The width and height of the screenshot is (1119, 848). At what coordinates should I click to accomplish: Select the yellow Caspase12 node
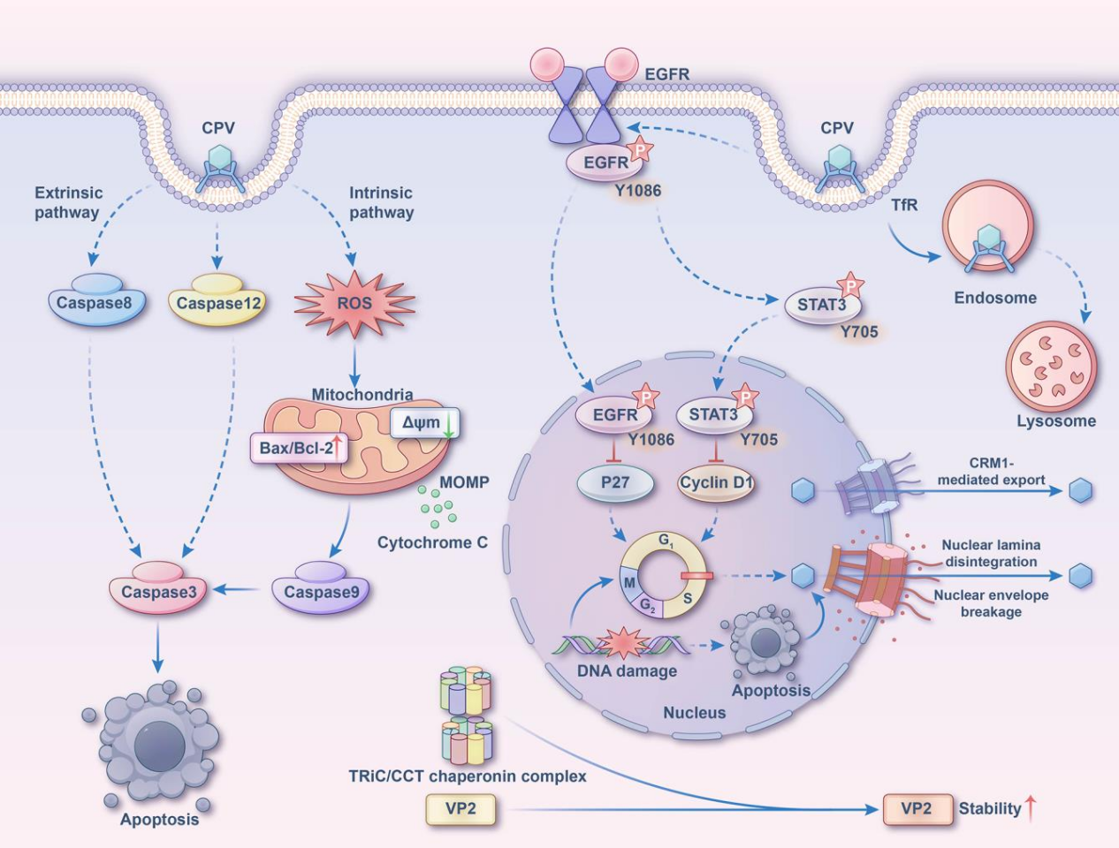pyautogui.click(x=217, y=300)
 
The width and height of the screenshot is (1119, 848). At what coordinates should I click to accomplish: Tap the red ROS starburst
pyautogui.click(x=354, y=304)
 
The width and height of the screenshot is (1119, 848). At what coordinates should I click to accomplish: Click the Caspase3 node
pyautogui.click(x=157, y=587)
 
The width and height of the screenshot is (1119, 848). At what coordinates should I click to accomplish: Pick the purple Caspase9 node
pyautogui.click(x=321, y=587)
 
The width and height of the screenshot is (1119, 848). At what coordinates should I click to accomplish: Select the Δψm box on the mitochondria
pyautogui.click(x=424, y=423)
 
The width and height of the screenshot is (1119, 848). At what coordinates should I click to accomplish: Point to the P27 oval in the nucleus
pyautogui.click(x=615, y=483)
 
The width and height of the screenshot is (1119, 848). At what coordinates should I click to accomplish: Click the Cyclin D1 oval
pyautogui.click(x=716, y=483)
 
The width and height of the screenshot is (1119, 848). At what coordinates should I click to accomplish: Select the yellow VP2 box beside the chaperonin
pyautogui.click(x=461, y=809)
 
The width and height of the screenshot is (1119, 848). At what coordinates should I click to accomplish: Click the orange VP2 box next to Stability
pyautogui.click(x=917, y=809)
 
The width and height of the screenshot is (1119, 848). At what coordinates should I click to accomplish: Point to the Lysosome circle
pyautogui.click(x=1051, y=366)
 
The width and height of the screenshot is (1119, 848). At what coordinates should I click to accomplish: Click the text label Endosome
pyautogui.click(x=995, y=298)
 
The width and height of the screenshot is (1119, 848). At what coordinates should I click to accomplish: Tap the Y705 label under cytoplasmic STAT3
pyautogui.click(x=859, y=332)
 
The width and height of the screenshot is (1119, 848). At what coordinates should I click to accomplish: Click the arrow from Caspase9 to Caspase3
pyautogui.click(x=237, y=590)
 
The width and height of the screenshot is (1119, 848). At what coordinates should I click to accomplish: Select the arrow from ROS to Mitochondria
pyautogui.click(x=354, y=365)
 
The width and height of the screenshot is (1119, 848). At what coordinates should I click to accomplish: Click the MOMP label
pyautogui.click(x=464, y=481)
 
